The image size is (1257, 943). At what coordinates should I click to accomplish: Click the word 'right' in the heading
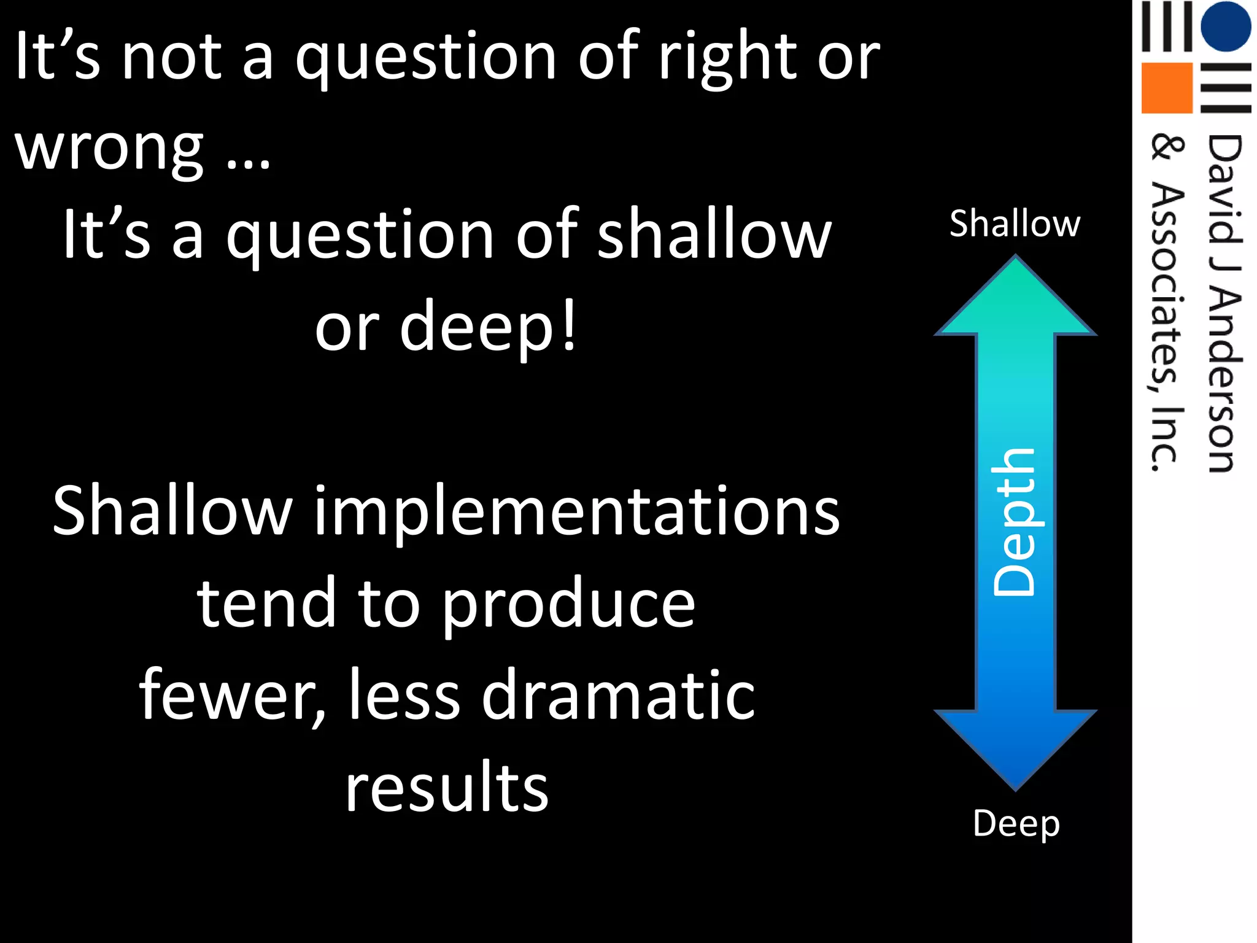[727, 59]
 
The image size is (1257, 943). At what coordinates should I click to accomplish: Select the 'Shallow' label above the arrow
[1015, 223]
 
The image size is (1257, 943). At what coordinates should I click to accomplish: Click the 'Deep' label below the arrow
[1016, 824]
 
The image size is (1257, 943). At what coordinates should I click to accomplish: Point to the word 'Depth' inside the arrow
[1015, 522]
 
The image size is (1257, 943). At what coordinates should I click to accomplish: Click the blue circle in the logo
[1225, 27]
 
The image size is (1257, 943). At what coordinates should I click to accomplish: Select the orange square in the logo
[1166, 88]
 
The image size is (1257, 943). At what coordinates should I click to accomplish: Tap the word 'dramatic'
[618, 696]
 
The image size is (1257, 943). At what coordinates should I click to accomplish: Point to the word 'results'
[447, 787]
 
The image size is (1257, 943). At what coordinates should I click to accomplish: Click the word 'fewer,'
[233, 696]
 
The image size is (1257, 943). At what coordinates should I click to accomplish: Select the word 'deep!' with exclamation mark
[489, 326]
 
